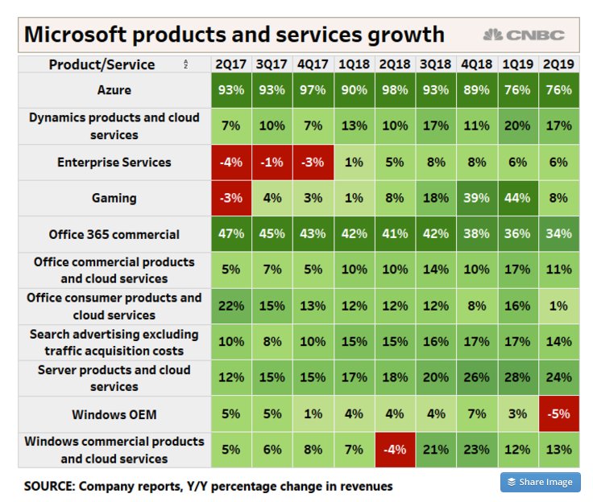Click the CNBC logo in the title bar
click(524, 35)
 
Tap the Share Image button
click(540, 482)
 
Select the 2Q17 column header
click(231, 64)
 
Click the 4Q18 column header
click(476, 64)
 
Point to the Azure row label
click(114, 90)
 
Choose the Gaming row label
click(114, 198)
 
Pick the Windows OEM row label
click(114, 415)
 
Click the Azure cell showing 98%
click(394, 90)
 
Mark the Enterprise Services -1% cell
click(272, 163)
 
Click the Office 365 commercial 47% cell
click(231, 235)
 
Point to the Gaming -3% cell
click(231, 198)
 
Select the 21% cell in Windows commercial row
click(435, 451)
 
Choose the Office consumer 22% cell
click(231, 307)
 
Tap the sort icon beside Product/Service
click(186, 64)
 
